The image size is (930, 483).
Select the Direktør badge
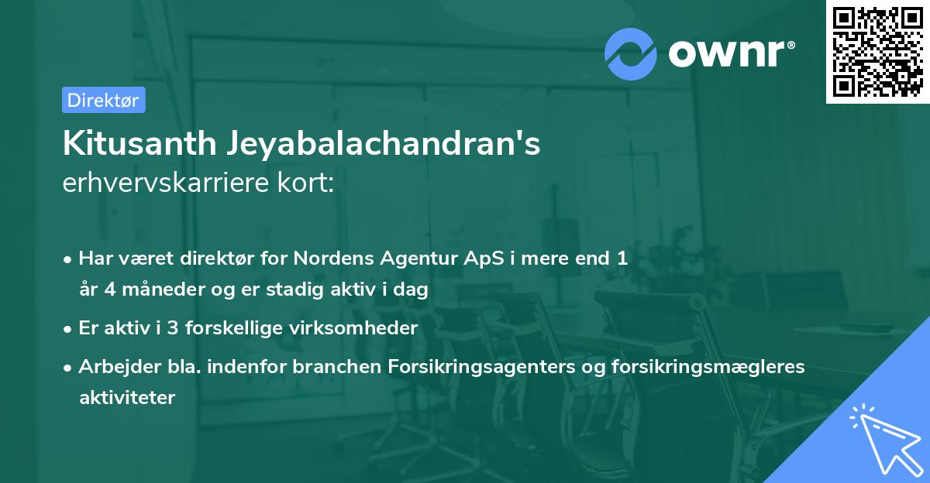tap(103, 100)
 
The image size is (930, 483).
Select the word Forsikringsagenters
tap(481, 367)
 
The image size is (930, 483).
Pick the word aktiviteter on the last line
tap(127, 398)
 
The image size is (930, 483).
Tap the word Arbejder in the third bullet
tap(113, 367)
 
